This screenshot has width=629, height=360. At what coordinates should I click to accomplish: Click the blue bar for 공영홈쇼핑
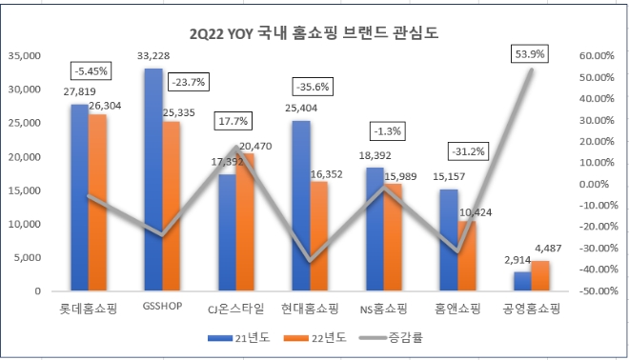coord(522,281)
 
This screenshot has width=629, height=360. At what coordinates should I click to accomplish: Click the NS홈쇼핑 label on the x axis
coord(382,309)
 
